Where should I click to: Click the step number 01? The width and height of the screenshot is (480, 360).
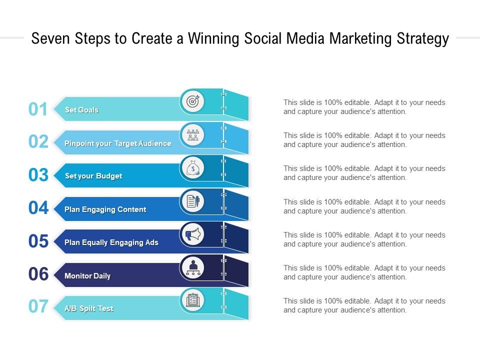coord(38,109)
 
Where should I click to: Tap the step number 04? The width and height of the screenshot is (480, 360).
coord(38,208)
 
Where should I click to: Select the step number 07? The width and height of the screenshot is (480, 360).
coord(38,306)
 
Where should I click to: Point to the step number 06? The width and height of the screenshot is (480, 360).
coord(38,274)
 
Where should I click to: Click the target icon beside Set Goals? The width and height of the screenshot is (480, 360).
coord(192,101)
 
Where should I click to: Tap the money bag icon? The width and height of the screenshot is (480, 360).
coord(192,168)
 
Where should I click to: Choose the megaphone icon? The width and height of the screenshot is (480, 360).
coord(192,234)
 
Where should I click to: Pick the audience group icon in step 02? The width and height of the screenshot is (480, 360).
coord(192,135)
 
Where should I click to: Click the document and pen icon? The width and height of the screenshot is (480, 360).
coord(192,201)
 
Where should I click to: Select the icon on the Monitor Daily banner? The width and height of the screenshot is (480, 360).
coord(192,267)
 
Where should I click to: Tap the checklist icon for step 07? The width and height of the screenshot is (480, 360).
coord(192,300)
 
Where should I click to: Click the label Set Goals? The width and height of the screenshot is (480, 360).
coord(81,110)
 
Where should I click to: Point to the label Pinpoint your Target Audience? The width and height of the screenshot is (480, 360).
coord(117,143)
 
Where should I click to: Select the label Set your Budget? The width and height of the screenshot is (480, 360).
coord(93,176)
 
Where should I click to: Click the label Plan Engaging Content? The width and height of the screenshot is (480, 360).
coord(105,209)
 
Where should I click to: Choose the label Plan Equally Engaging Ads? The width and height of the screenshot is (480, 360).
coord(111,242)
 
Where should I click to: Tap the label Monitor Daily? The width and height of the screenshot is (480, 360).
coord(87,276)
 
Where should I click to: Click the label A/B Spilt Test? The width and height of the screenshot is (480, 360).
coord(89,308)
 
